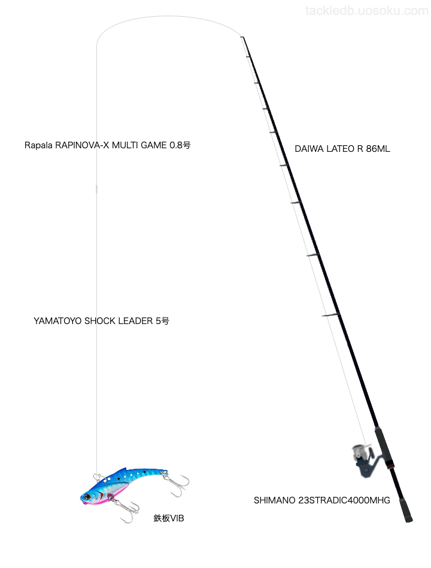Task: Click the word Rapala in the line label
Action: point(38,145)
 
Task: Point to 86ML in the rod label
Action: point(378,149)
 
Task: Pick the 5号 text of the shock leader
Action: point(162,321)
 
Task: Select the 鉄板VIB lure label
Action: point(169,518)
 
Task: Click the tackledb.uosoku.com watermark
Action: point(366,11)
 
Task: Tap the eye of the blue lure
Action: point(89,496)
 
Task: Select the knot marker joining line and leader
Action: point(96,190)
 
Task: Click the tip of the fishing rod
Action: point(242,38)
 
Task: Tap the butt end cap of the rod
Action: point(409,520)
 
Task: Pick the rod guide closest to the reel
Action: point(330,315)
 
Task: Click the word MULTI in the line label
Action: point(120,145)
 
